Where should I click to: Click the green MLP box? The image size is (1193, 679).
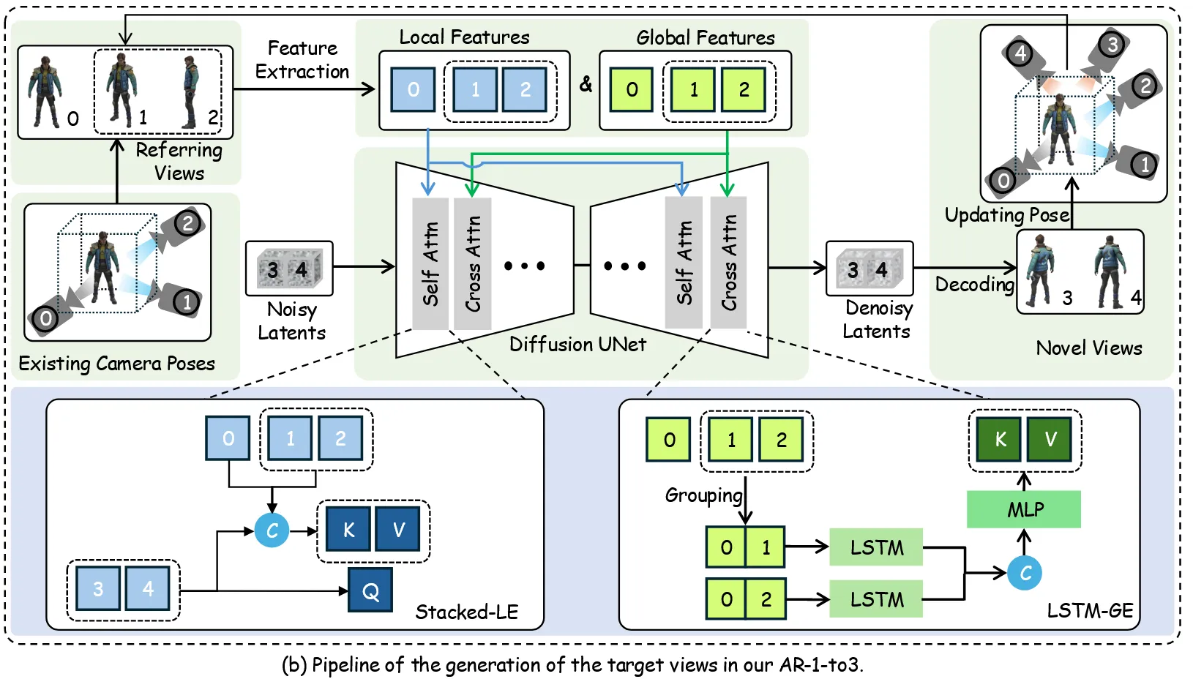click(x=1023, y=509)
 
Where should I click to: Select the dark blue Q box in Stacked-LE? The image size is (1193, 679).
click(x=370, y=590)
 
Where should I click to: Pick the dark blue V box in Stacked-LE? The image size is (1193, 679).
click(x=397, y=529)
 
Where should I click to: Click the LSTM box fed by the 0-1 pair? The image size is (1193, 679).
click(x=875, y=547)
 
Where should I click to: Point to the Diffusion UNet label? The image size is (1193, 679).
click(x=577, y=344)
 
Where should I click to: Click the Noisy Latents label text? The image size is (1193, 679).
click(x=291, y=320)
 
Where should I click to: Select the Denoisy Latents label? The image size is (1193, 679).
click(x=878, y=320)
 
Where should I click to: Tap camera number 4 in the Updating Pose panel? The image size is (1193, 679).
click(x=1020, y=53)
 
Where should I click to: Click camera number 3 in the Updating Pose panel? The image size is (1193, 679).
click(x=1112, y=45)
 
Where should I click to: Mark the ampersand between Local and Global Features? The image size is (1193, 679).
click(x=586, y=84)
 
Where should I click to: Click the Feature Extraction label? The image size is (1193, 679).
click(x=302, y=60)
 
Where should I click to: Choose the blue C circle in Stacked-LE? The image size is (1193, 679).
click(x=272, y=530)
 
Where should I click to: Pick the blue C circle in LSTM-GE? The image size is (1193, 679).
click(x=1025, y=573)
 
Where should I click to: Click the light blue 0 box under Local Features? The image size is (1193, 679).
click(x=413, y=89)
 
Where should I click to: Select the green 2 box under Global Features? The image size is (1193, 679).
click(x=744, y=89)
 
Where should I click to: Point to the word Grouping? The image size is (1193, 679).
click(x=703, y=495)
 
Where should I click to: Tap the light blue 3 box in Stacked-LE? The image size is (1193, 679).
click(x=98, y=589)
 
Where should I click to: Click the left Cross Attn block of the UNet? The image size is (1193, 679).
click(x=473, y=263)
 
